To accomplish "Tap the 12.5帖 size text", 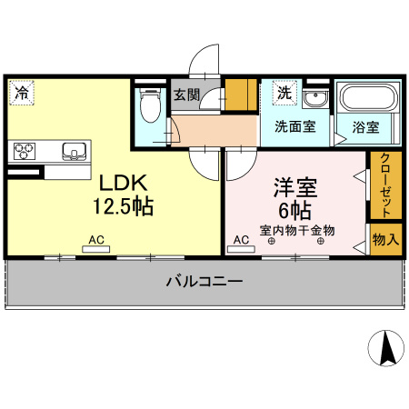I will pyautogui.click(x=121, y=205).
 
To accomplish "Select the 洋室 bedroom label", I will pyautogui.click(x=295, y=190).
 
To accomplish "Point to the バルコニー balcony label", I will pyautogui.click(x=204, y=283).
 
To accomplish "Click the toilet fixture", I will pyautogui.click(x=151, y=107).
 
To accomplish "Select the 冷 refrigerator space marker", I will pyautogui.click(x=21, y=92).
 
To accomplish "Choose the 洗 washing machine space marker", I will pyautogui.click(x=284, y=92).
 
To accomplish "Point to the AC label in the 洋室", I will pyautogui.click(x=241, y=240).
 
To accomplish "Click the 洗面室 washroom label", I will pyautogui.click(x=295, y=127).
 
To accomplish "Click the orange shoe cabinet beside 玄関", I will pyautogui.click(x=240, y=95).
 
